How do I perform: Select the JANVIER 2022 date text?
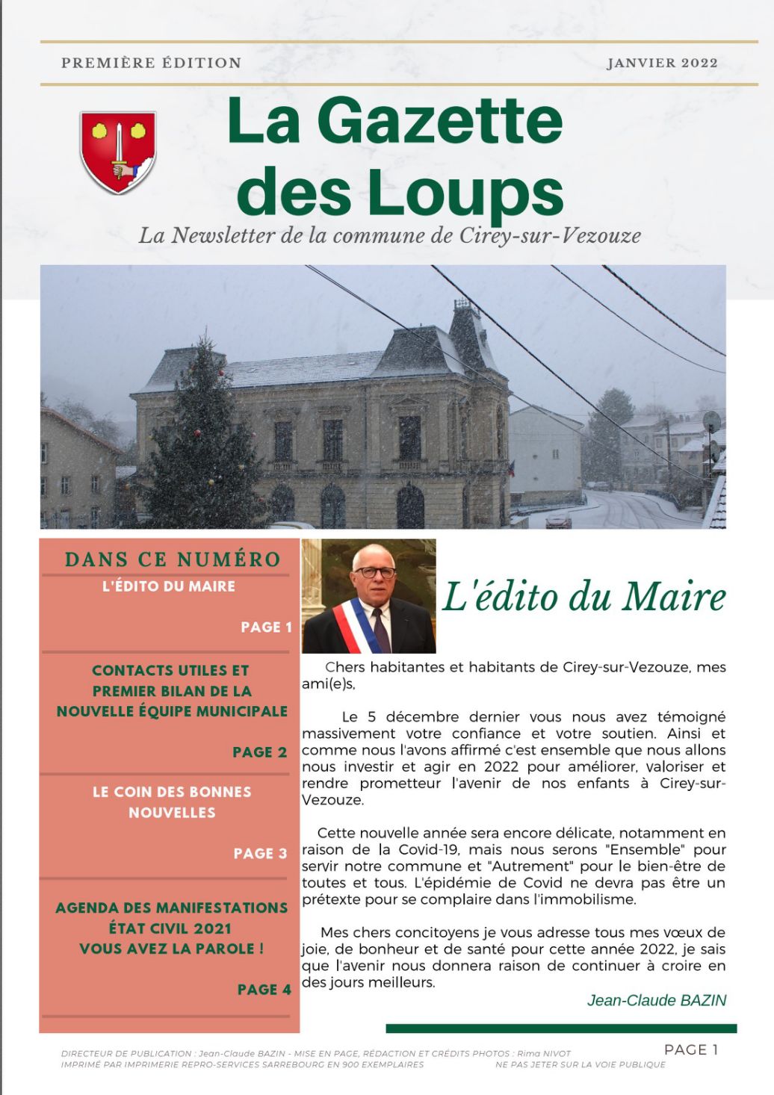(662, 63)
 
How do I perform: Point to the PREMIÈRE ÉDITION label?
(151, 63)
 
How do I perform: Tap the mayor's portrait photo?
(369, 596)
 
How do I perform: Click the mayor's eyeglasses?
(375, 572)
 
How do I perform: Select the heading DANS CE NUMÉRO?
(173, 559)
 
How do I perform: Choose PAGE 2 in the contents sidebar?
(259, 752)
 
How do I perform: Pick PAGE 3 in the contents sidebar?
(260, 854)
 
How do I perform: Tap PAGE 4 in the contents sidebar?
(264, 990)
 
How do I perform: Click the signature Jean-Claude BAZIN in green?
(656, 1000)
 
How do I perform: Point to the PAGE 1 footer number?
(690, 1049)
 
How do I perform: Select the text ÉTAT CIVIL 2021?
(170, 928)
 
